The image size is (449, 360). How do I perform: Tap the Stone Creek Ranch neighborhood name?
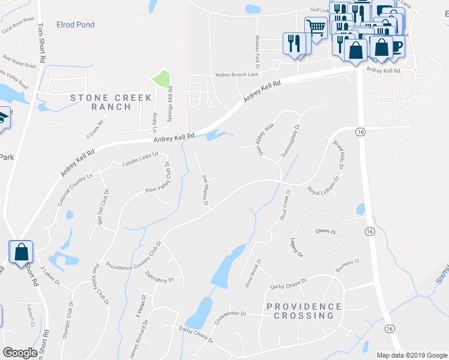101,102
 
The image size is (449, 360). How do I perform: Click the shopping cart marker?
316,27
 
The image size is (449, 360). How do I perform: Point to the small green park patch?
161,79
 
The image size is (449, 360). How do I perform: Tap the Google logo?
20,353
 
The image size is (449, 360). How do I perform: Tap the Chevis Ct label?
325,232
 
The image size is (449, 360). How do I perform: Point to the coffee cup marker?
396,46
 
